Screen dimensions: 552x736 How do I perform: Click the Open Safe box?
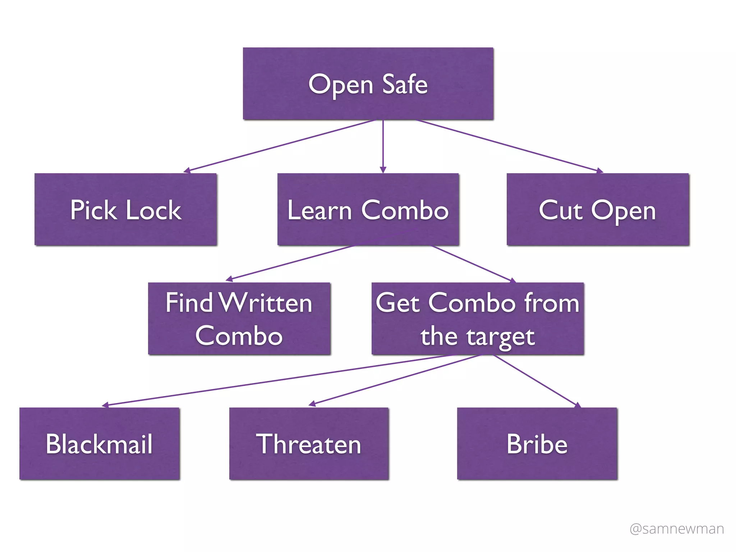[x=368, y=83]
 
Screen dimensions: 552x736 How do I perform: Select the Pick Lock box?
[x=126, y=210]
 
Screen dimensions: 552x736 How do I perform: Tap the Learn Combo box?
[x=368, y=210]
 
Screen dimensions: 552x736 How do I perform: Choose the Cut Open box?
[x=598, y=210]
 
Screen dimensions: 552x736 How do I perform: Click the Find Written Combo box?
[x=239, y=319]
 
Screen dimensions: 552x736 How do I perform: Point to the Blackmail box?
[x=100, y=443]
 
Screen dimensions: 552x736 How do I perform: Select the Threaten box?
[x=309, y=443]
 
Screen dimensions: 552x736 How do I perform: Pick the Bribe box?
[x=537, y=443]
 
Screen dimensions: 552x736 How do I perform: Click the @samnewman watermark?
[x=677, y=529]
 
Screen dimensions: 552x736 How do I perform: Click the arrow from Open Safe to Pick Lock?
[x=280, y=146]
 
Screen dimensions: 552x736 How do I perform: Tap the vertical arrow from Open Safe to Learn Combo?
[x=383, y=146]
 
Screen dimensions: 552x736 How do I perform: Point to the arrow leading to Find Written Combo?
[x=290, y=263]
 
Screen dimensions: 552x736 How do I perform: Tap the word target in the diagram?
[x=500, y=337]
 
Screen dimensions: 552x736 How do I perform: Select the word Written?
[x=265, y=303]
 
